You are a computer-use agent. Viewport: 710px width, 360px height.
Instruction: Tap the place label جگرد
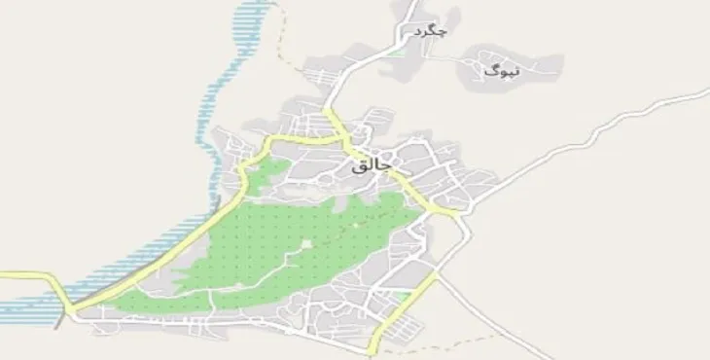(429, 33)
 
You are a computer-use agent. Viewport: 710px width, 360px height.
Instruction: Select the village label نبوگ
(502, 69)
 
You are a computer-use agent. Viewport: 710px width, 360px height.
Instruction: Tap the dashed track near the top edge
(284, 39)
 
